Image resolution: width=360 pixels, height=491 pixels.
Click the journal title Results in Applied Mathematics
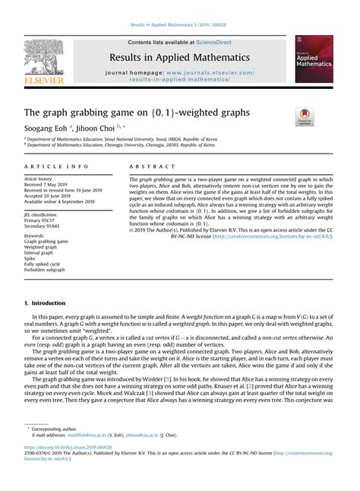point(180,57)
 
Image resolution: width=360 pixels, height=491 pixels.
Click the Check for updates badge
point(305,117)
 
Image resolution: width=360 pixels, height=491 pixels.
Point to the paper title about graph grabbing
point(136,112)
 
